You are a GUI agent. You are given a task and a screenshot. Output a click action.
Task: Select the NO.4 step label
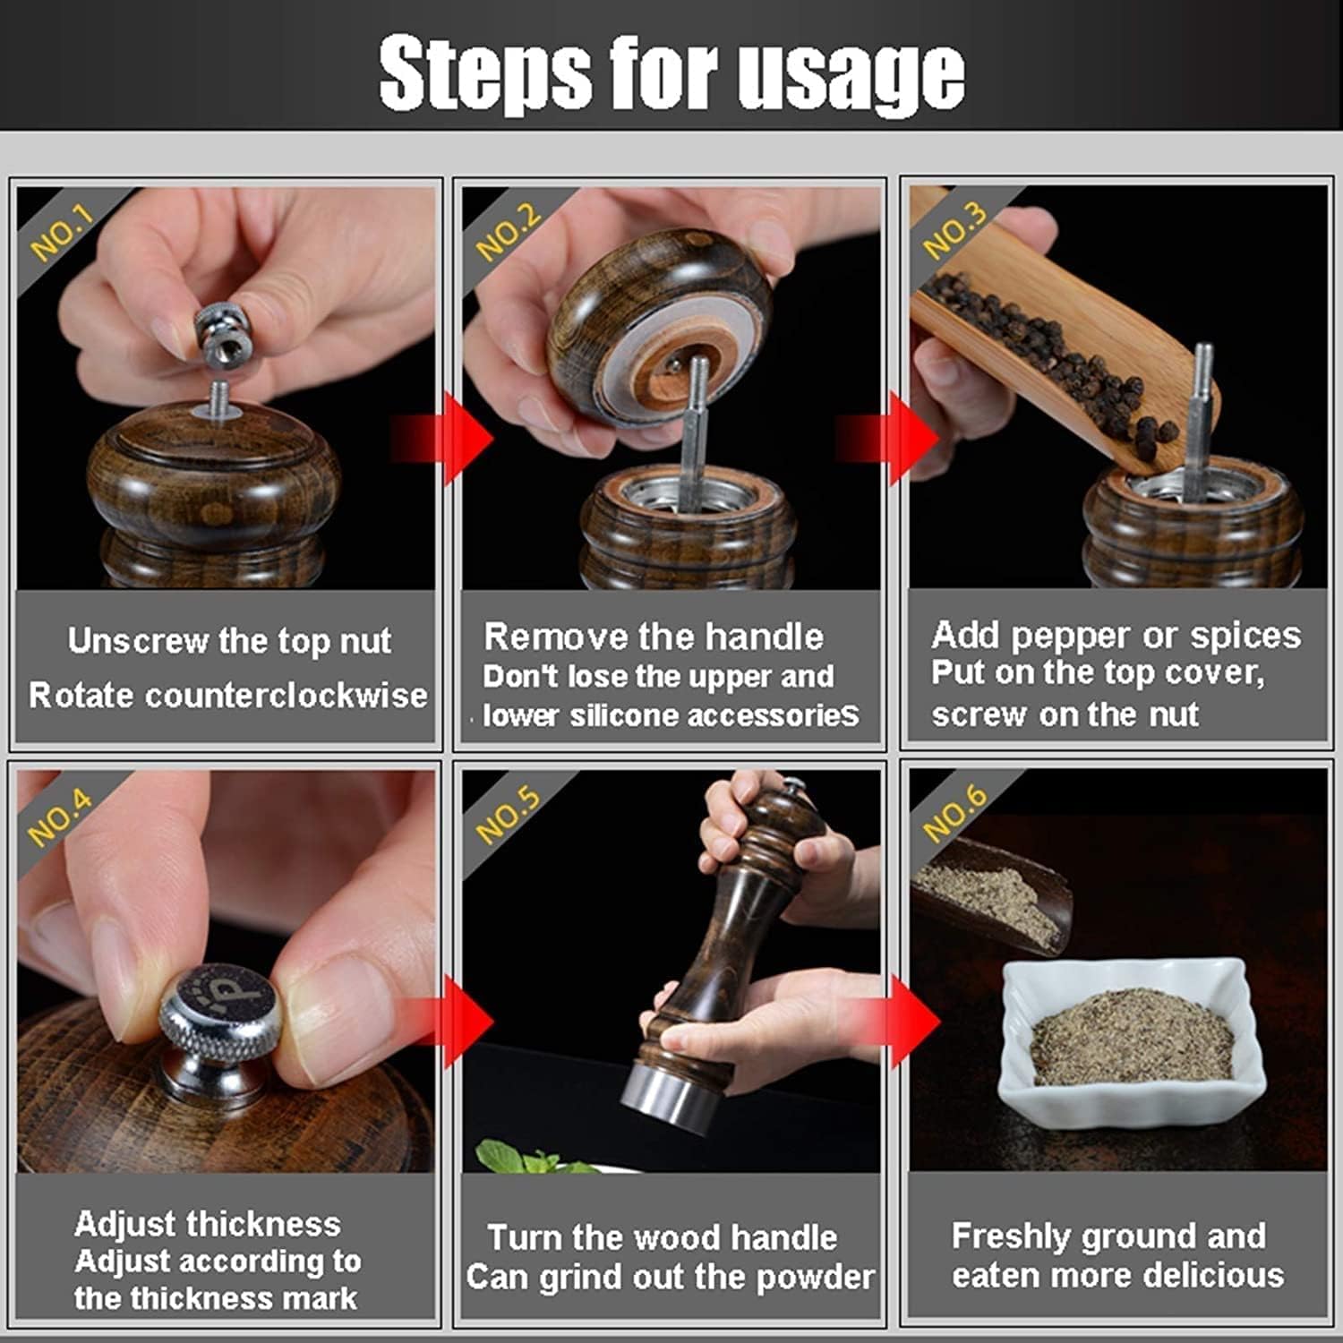(60, 817)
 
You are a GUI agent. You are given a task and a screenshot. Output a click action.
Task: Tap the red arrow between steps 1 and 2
(443, 439)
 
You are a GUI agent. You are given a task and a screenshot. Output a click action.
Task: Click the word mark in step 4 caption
(319, 1297)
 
